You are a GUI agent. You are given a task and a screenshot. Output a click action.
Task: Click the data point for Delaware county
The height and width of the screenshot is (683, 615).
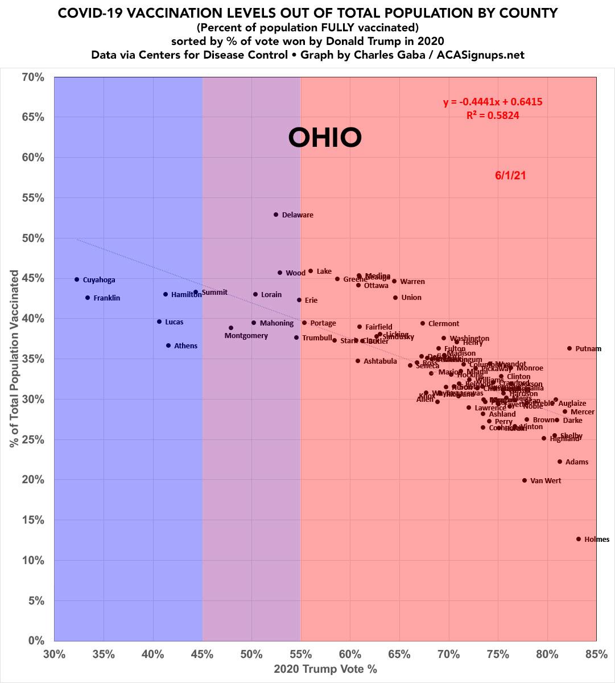coord(276,215)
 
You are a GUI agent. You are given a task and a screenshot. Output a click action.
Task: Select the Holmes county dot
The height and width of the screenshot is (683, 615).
coord(579,539)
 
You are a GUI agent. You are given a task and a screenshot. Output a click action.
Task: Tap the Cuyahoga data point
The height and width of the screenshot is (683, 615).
coord(77,279)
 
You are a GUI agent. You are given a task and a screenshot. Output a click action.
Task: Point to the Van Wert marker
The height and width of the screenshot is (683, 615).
coord(525,480)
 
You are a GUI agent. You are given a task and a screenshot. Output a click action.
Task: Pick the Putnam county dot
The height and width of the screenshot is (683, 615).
coord(569,348)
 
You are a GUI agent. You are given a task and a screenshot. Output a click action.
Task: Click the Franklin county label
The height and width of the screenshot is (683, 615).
coord(106,298)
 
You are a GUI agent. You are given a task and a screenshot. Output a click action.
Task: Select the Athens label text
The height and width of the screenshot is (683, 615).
coord(185,346)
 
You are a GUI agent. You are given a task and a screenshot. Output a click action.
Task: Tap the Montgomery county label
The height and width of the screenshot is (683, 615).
coord(246,336)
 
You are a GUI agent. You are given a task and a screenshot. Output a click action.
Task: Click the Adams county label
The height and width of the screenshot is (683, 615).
coord(576,462)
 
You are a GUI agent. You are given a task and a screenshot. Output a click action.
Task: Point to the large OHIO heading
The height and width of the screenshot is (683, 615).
coord(325,137)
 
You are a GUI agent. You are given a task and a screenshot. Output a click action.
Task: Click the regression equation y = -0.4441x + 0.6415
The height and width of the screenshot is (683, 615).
coord(493,102)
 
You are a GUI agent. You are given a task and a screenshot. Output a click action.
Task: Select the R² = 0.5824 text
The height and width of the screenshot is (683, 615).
coord(493,115)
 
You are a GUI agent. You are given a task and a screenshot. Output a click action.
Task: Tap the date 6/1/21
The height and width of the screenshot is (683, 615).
coord(510,176)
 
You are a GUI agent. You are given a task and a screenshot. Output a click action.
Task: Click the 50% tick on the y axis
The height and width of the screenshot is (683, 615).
coord(34,238)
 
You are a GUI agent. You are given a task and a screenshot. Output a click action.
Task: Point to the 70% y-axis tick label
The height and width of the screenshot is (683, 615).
coord(34,77)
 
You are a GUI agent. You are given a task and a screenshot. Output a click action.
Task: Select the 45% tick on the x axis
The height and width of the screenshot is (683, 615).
coord(203,654)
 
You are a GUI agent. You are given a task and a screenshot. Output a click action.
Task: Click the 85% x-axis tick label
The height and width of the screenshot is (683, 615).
coord(596,654)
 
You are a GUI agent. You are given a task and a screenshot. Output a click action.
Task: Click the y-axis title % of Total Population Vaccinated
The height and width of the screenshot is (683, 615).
coord(14,359)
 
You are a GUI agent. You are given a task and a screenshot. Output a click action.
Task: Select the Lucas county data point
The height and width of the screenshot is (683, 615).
coord(159,322)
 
